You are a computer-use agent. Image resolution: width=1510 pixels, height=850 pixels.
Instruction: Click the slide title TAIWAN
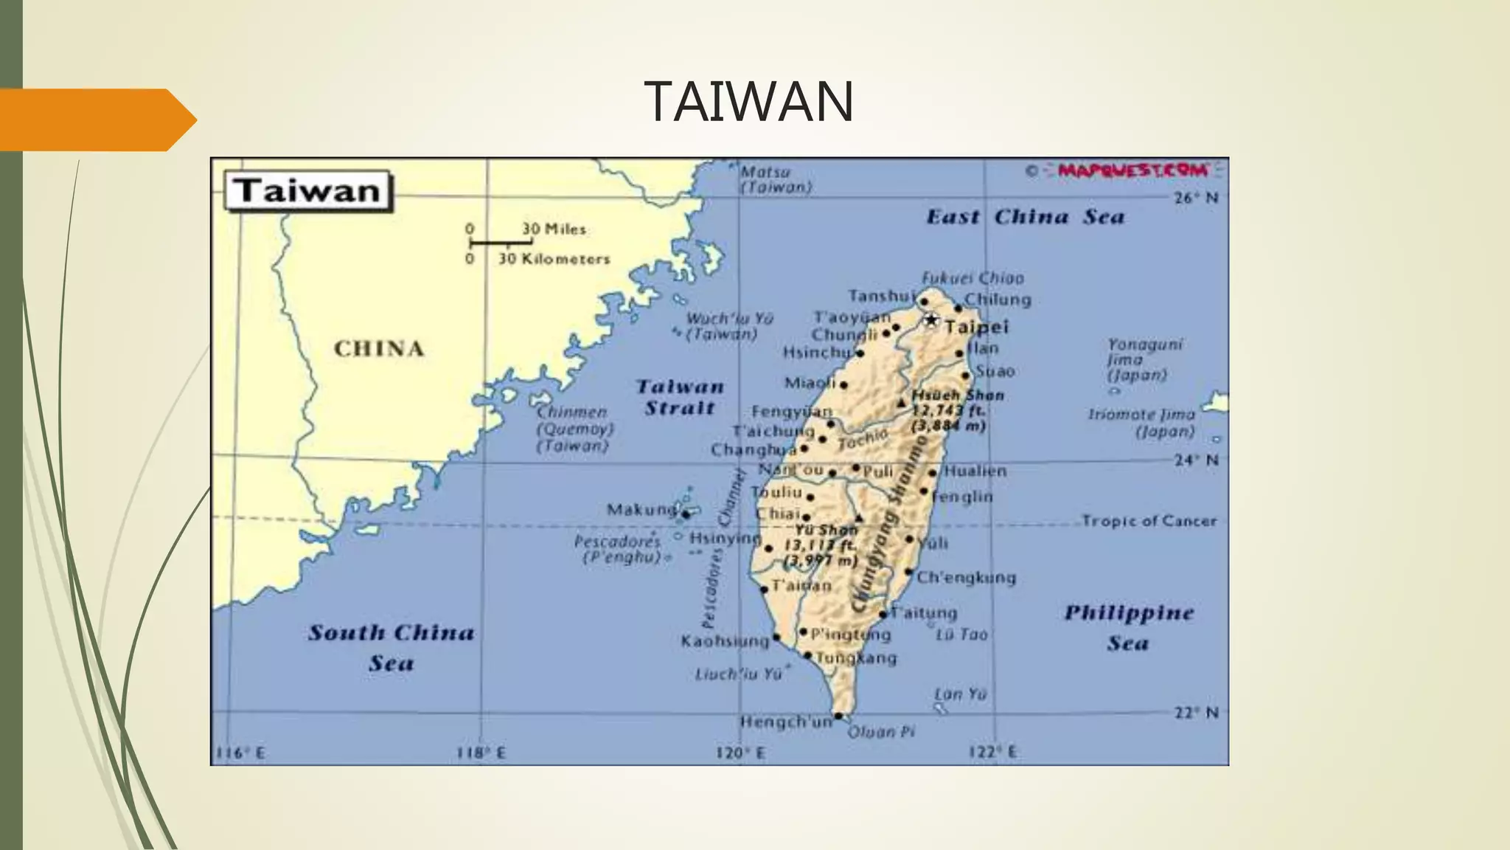[748, 101]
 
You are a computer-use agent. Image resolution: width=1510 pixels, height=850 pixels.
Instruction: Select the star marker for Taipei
[932, 320]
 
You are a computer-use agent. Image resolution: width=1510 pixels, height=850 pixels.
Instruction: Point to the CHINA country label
[379, 348]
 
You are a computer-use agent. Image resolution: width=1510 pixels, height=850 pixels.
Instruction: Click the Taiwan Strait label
[679, 397]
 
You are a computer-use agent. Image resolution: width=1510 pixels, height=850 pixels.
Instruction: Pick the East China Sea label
[1025, 217]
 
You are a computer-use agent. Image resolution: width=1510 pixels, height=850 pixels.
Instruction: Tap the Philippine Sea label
[1128, 627]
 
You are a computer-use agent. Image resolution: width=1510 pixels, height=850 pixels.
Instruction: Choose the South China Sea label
[391, 647]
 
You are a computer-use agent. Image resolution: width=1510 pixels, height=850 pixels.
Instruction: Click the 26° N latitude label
[1196, 198]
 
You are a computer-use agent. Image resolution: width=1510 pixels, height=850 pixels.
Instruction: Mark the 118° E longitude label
[481, 753]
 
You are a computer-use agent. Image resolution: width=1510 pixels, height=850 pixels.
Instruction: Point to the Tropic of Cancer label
[1149, 521]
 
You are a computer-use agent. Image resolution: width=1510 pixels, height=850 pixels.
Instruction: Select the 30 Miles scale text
[554, 229]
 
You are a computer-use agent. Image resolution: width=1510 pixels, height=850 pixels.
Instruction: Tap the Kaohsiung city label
[725, 641]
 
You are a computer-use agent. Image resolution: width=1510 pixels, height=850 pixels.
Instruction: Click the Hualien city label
[975, 471]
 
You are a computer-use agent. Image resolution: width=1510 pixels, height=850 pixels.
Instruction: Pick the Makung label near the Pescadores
[641, 509]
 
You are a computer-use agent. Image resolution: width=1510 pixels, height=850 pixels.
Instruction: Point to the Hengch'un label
[786, 722]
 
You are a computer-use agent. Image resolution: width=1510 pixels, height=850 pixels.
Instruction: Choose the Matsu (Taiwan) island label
[776, 179]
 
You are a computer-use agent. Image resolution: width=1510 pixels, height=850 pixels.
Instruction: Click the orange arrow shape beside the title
[96, 120]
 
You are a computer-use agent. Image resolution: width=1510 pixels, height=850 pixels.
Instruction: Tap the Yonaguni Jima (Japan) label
[1144, 359]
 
